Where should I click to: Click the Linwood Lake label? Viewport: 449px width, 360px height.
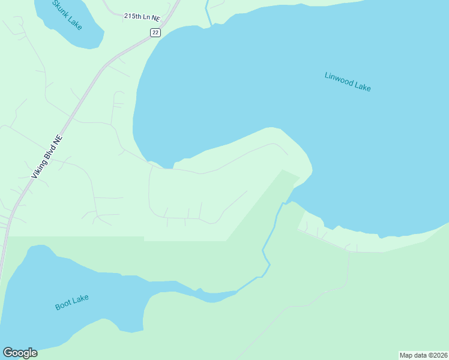348,82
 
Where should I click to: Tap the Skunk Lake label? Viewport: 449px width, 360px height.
67,15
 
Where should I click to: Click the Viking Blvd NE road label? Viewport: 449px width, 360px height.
46,156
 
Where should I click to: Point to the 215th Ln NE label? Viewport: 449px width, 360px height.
143,17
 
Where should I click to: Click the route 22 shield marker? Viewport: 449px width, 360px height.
155,33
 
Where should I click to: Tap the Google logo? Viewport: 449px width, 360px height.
20,353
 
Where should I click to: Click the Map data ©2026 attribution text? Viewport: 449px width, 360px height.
424,355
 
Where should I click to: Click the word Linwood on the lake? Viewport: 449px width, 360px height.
338,79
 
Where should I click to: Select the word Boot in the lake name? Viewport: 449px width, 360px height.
62,305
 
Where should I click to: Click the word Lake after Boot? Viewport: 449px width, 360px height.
80,299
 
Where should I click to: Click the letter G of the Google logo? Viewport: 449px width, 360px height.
8,353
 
